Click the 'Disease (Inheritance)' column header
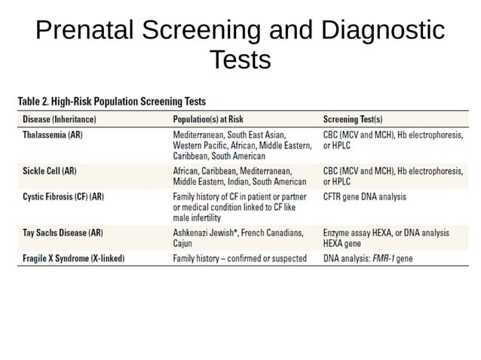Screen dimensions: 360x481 click(60, 119)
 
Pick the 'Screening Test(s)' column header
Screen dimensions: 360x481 click(352, 119)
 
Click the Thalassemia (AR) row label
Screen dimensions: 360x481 click(54, 134)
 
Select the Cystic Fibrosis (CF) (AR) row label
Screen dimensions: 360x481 click(63, 197)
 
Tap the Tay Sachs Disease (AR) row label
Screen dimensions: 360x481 click(63, 233)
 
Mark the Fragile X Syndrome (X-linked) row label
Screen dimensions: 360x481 click(73, 258)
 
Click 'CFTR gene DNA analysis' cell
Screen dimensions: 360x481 click(364, 197)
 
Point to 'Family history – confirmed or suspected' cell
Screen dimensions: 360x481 click(240, 258)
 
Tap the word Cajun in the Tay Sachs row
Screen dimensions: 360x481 click(184, 243)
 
